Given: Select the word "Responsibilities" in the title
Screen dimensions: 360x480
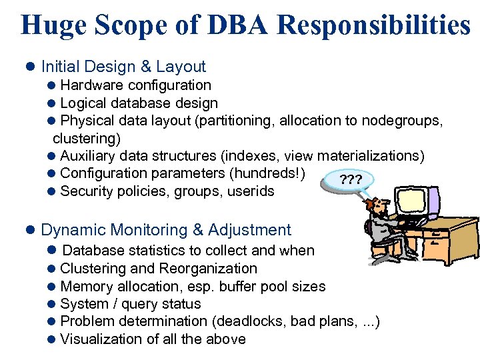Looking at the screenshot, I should tap(373, 25).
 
